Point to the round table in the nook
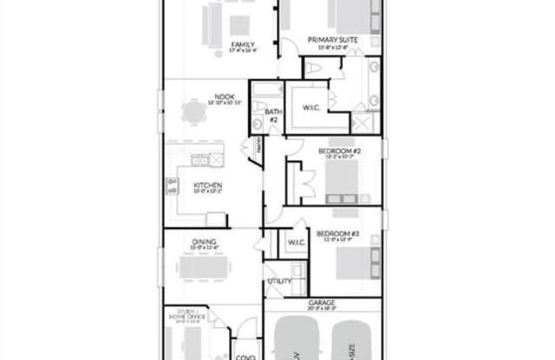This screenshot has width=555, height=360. [x=193, y=111]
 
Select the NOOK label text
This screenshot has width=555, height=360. [x=225, y=97]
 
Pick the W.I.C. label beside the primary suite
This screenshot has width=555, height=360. [x=312, y=108]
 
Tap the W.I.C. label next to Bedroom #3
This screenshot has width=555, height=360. [x=293, y=241]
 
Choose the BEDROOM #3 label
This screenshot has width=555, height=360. [x=337, y=233]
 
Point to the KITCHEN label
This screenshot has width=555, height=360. [x=208, y=185]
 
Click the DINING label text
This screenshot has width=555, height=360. [x=205, y=242]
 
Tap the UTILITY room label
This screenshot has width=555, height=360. [x=279, y=281]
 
